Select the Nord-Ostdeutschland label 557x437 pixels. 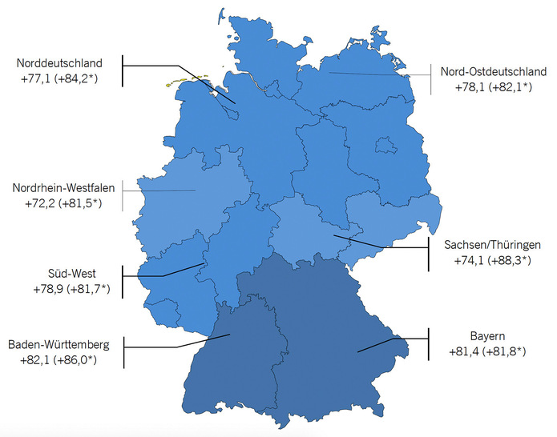tap(487, 71)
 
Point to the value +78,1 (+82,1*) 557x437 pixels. tap(487, 86)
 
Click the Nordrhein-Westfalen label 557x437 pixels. tap(63, 189)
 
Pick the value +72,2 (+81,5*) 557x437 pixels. tap(63, 204)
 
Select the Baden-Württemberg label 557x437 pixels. tap(65, 345)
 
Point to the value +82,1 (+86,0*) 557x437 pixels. tap(65, 360)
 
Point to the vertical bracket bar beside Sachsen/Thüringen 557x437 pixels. tap(426, 252)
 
